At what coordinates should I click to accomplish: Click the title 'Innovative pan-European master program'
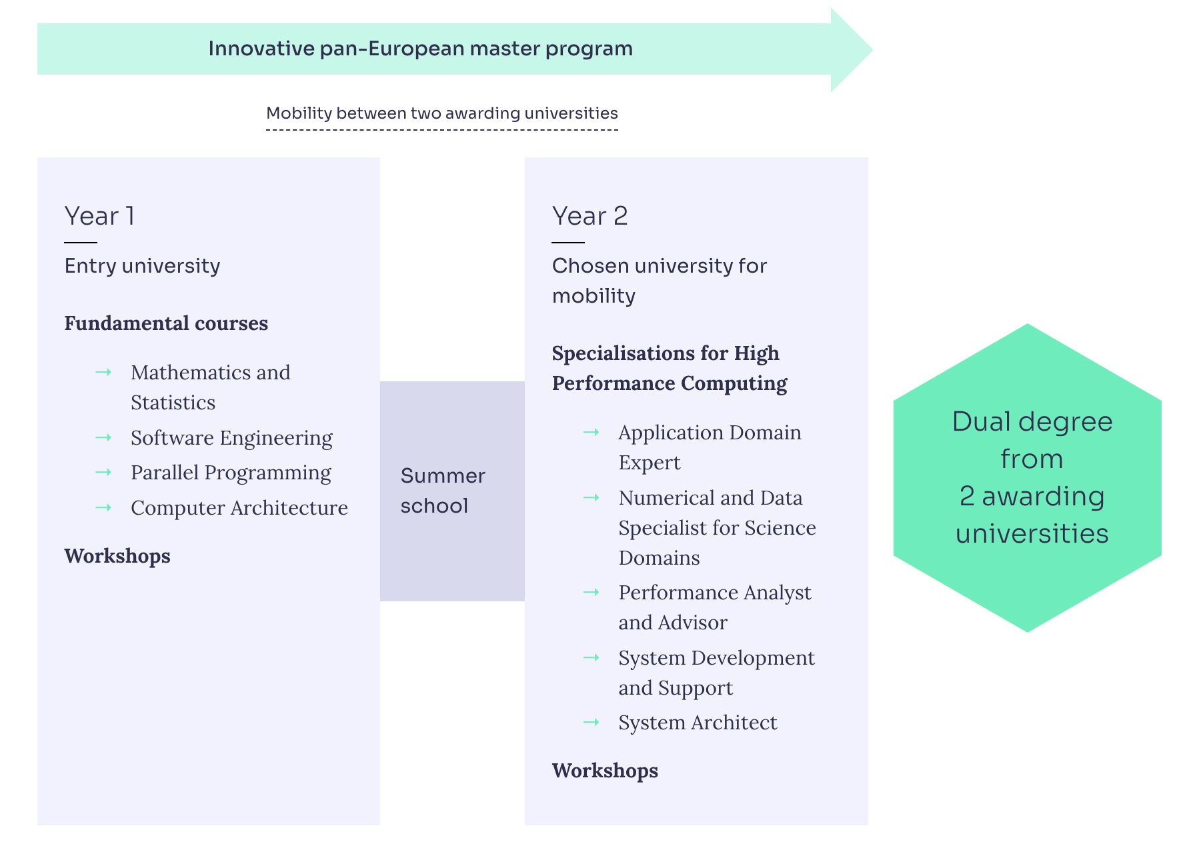420,49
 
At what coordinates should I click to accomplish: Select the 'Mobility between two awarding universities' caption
441,113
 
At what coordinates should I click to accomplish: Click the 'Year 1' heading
99,217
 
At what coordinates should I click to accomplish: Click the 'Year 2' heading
589,217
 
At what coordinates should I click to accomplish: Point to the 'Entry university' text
142,266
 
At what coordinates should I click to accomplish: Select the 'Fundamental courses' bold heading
166,323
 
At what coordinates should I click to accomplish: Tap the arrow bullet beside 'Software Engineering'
103,437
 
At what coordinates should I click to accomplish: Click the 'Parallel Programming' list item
231,473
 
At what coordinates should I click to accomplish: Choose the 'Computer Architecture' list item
239,508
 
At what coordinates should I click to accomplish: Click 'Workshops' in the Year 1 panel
117,556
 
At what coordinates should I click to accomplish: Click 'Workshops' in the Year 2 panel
605,771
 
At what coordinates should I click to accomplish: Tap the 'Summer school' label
443,491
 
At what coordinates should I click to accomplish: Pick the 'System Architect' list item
698,723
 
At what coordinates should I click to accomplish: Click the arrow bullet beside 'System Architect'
591,722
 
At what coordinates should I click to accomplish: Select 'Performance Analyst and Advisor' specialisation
714,607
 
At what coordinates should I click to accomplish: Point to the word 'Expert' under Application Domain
649,463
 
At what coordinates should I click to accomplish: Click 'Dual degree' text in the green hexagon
1032,422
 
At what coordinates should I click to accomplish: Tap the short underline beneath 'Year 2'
568,243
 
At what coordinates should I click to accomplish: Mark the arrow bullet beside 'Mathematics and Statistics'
103,372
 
